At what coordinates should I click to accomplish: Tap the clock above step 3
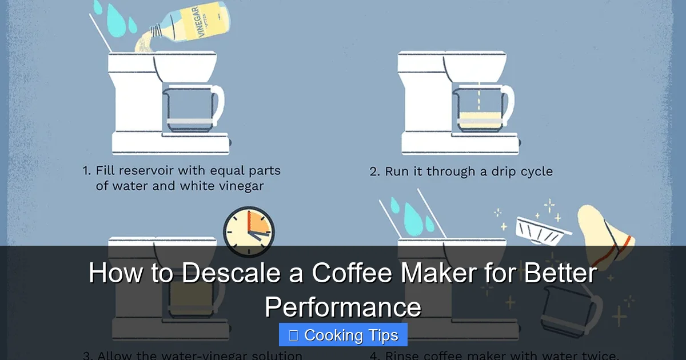(249, 231)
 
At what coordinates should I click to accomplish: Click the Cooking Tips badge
(343, 335)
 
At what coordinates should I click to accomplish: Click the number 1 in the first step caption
(86, 171)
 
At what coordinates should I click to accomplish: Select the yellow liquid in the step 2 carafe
(480, 119)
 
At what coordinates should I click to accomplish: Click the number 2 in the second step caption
(374, 171)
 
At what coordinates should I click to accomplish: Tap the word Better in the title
(560, 273)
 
